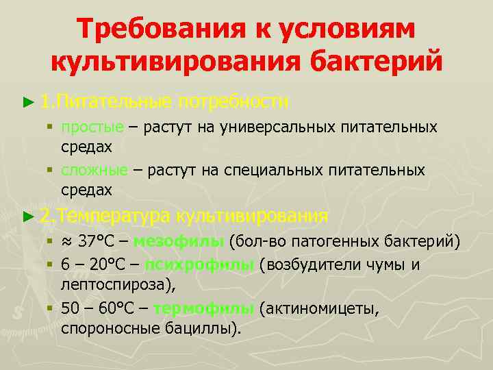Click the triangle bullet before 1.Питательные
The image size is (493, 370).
coord(27,102)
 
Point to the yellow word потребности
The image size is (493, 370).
coord(233,101)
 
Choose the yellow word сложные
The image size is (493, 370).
coord(94,169)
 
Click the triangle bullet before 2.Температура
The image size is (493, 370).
coord(27,217)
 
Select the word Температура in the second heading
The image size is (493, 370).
coord(113,216)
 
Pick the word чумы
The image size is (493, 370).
coord(383,266)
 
